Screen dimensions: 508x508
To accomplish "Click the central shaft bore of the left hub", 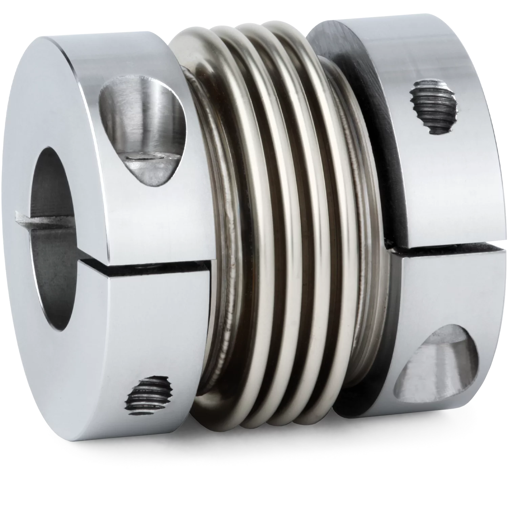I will click(54, 237).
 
